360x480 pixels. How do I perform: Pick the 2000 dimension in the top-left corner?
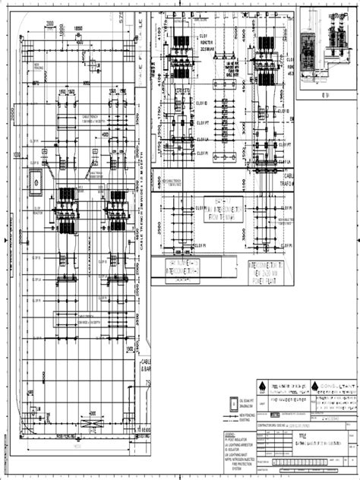[49, 23]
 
